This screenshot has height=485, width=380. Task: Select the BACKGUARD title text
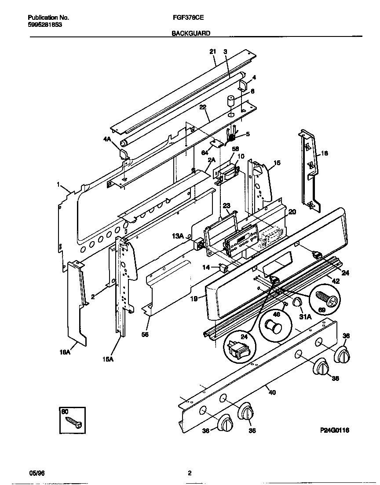click(x=190, y=33)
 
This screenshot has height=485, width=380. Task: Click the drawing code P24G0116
click(x=334, y=431)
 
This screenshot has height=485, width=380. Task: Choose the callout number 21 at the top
click(x=212, y=51)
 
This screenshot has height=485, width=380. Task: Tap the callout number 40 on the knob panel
click(x=272, y=392)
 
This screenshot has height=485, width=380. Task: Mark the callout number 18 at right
click(x=325, y=153)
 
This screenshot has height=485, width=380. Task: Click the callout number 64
click(x=205, y=152)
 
